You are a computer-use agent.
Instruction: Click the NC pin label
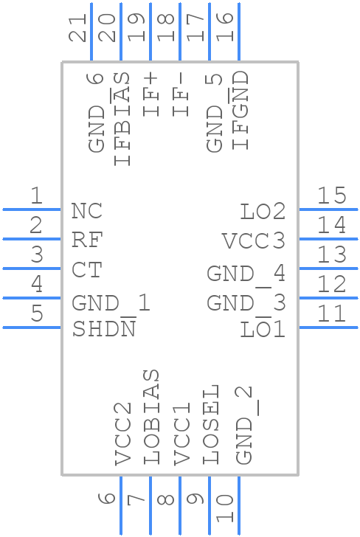(x=87, y=211)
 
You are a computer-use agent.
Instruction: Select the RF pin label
(x=87, y=240)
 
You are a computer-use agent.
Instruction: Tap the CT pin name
(x=86, y=270)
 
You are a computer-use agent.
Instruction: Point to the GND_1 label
(x=111, y=302)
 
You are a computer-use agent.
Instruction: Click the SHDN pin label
(x=104, y=329)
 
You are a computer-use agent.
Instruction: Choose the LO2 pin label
(x=263, y=212)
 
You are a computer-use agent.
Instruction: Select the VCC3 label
(x=254, y=241)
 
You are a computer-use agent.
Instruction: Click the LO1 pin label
(x=263, y=329)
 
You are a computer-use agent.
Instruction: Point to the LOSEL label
(x=210, y=424)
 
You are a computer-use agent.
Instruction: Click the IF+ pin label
(x=151, y=94)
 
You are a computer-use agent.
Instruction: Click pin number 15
(x=331, y=195)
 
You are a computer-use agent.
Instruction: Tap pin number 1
(x=35, y=195)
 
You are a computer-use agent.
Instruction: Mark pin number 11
(x=331, y=313)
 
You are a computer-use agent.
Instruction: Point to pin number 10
(x=224, y=509)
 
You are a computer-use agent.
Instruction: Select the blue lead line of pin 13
(x=328, y=268)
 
